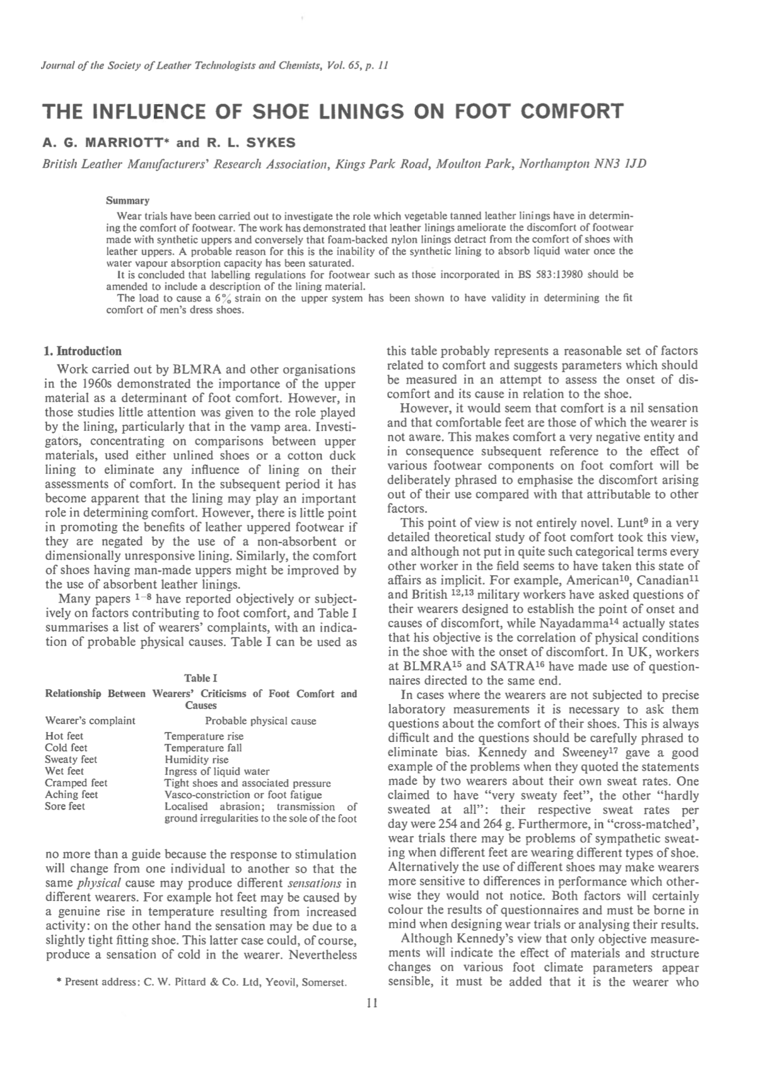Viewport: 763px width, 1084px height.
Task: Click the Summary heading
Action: point(127,201)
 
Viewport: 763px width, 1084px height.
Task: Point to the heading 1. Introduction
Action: point(83,351)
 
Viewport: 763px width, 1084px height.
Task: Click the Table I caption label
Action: point(201,678)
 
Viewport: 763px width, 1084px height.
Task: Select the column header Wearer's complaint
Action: point(90,721)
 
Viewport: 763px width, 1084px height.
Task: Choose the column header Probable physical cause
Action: point(260,721)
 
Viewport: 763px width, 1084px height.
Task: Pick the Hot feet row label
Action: point(64,736)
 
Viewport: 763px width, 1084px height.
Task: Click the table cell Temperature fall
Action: point(203,748)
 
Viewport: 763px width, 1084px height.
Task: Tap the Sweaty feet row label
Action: point(71,760)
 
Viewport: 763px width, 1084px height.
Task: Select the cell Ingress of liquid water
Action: point(217,771)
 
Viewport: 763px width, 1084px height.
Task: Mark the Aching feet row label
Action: point(71,794)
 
